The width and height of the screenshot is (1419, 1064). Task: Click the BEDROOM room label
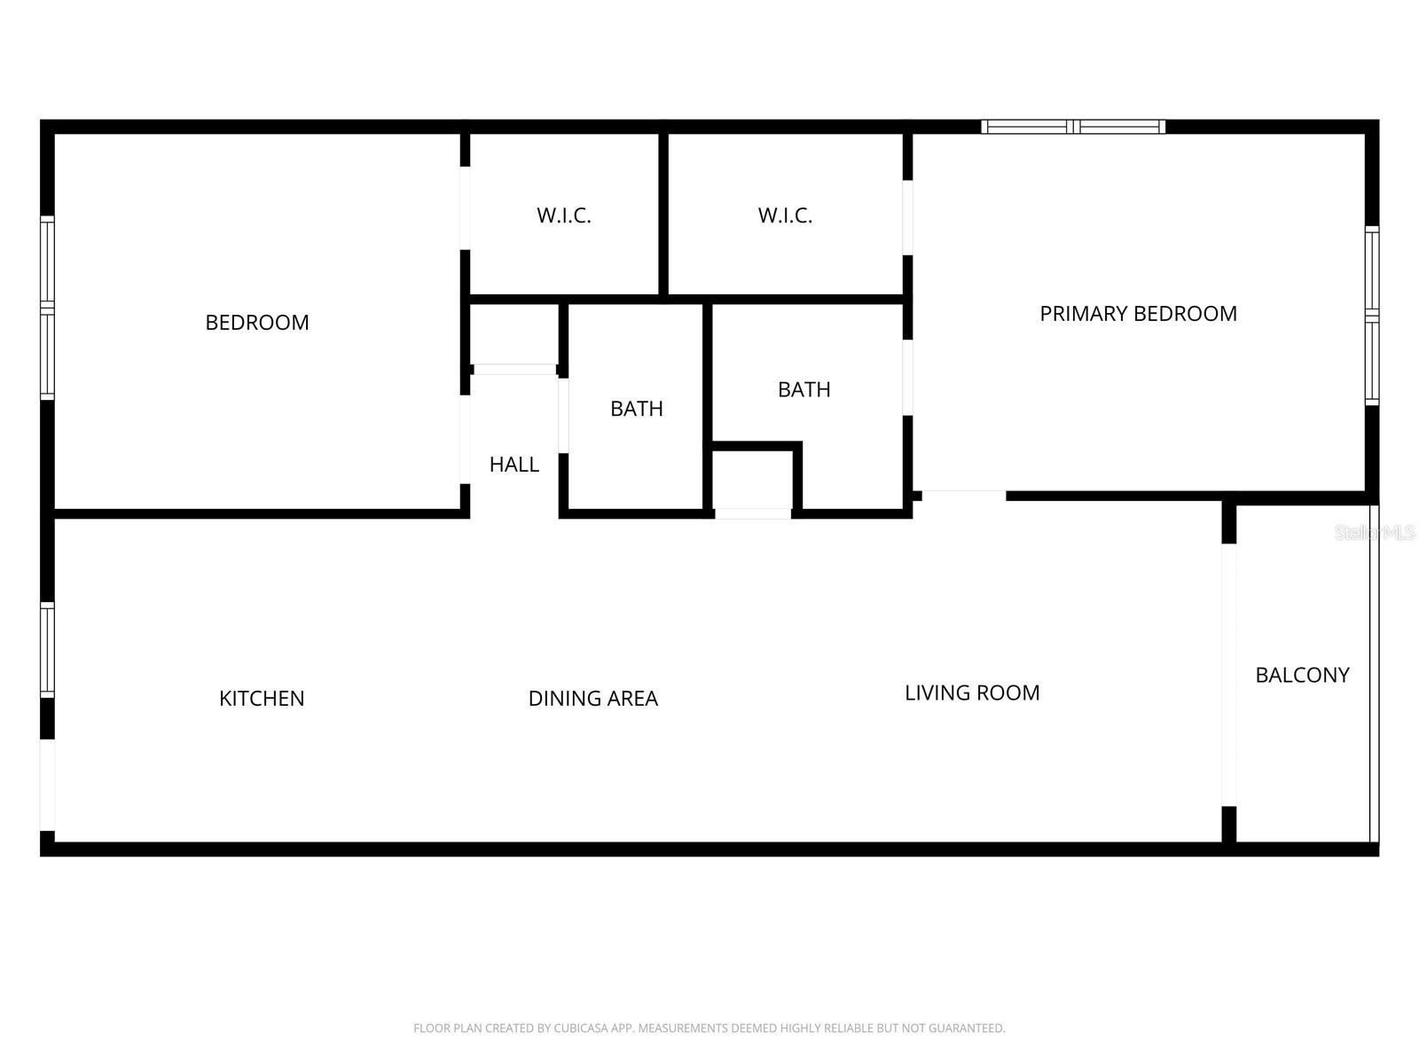257,323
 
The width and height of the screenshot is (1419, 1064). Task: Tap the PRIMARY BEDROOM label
1138,314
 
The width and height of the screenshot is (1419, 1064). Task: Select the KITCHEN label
262,699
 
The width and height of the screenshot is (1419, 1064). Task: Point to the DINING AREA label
592,699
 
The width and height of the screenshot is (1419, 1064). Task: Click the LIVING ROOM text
972,693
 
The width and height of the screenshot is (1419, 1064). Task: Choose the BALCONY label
1302,676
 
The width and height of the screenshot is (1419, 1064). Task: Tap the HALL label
514,465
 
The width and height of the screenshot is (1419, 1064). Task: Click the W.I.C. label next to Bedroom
563,215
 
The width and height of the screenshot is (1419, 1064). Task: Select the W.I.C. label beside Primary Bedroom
785,215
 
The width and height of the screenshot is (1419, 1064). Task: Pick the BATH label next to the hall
637,409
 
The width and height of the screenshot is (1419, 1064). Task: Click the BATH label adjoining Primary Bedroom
804,389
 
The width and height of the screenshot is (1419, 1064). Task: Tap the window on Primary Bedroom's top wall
1073,127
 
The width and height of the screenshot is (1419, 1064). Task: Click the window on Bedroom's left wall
48,308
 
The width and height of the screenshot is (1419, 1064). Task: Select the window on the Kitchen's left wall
48,649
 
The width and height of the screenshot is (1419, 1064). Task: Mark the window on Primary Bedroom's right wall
1372,316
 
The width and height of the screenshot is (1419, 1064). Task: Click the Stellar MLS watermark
1375,533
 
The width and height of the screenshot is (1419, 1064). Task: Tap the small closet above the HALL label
514,334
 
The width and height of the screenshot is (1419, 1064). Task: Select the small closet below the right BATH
753,480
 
